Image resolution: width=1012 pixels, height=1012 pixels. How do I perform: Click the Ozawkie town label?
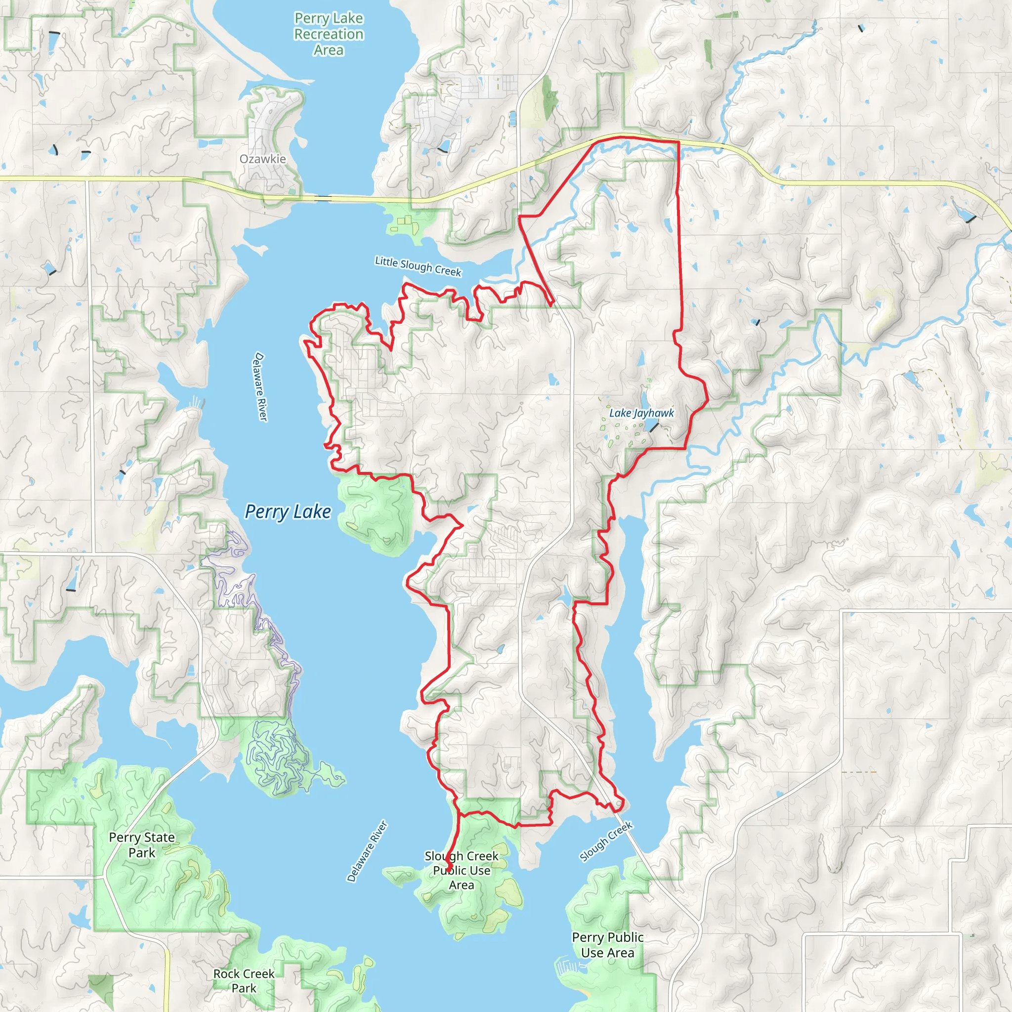click(262, 159)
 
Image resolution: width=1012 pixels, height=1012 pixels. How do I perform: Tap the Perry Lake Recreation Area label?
click(329, 34)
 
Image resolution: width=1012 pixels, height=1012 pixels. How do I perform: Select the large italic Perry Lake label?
click(288, 511)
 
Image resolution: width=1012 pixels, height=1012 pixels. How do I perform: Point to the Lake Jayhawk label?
click(641, 413)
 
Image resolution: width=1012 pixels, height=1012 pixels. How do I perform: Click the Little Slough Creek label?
click(418, 266)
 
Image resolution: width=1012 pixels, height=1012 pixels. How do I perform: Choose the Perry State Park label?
click(142, 844)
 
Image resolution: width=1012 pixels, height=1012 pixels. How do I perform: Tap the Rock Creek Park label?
click(244, 980)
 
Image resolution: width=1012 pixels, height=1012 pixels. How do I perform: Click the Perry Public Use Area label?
click(608, 944)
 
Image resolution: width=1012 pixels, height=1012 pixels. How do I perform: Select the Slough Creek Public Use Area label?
click(462, 870)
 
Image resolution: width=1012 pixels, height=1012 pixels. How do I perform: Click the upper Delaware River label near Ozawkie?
click(260, 386)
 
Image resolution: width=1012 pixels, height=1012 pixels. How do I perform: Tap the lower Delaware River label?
click(367, 851)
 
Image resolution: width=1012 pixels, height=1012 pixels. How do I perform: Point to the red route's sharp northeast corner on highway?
click(679, 142)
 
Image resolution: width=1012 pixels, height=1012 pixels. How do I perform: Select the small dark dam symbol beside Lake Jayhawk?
click(654, 427)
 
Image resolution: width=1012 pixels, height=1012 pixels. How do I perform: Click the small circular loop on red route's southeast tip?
click(619, 803)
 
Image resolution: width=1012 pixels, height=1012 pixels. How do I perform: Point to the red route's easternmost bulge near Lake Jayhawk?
click(708, 399)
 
